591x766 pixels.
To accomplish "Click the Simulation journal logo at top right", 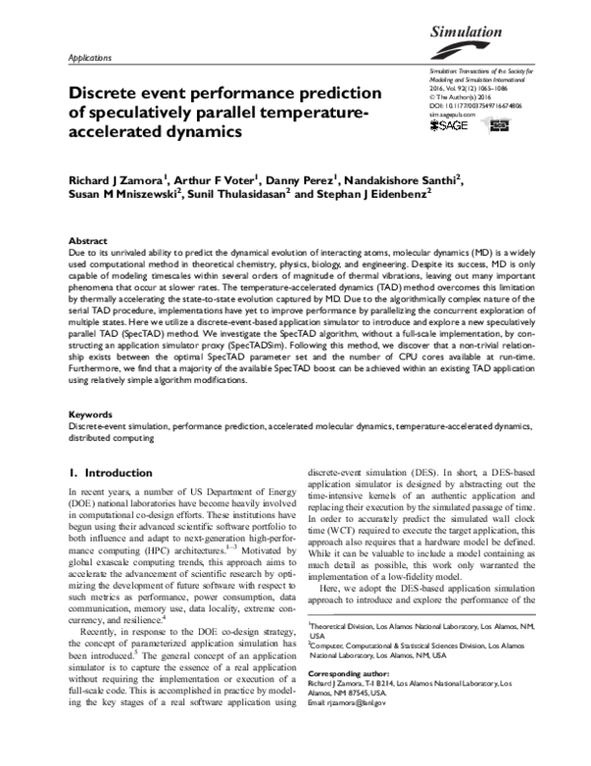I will (x=472, y=33).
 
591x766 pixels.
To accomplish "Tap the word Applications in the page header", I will (x=89, y=58).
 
